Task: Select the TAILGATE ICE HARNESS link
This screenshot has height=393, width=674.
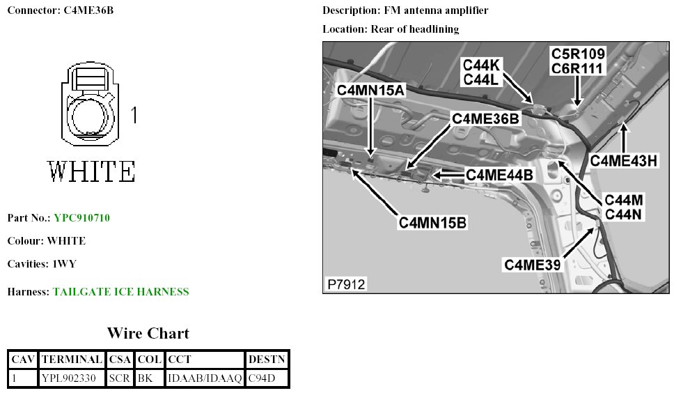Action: [120, 292]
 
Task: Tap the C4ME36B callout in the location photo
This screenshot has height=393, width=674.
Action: [485, 118]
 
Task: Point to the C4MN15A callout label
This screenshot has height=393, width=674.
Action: [370, 90]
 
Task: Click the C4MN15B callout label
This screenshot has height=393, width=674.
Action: [432, 223]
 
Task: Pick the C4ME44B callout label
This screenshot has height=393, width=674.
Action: [499, 175]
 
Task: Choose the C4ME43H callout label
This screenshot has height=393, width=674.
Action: [624, 160]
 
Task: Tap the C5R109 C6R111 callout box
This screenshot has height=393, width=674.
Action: [578, 61]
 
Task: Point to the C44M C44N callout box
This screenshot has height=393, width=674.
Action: [622, 207]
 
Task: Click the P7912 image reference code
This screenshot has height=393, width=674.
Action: [346, 284]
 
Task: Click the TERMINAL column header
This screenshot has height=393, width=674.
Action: [72, 360]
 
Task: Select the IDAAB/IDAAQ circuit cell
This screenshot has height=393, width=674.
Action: [205, 378]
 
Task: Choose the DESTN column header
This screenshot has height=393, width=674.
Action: [267, 360]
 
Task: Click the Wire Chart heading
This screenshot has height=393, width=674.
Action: [148, 333]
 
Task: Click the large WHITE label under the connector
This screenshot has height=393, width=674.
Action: [91, 171]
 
